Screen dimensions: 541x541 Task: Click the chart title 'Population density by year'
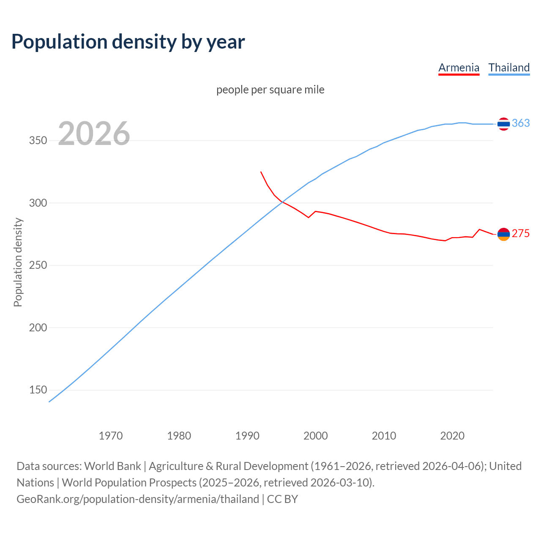[128, 41]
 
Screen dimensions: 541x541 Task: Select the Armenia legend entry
[459, 68]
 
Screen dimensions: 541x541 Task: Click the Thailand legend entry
[509, 68]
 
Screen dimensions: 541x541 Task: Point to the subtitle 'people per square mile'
[270, 90]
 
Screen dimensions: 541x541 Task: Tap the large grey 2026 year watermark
[94, 134]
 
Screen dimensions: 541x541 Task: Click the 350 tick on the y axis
[38, 141]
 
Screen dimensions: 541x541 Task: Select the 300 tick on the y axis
[38, 203]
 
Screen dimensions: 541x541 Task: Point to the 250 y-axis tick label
[38, 265]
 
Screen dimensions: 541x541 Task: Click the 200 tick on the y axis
[38, 328]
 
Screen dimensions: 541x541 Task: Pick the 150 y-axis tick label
[38, 390]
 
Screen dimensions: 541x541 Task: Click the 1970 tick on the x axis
[111, 436]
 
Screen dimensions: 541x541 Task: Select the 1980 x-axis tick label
[179, 436]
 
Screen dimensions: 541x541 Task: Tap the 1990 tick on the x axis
[247, 436]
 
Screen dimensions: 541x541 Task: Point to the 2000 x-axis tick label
[316, 436]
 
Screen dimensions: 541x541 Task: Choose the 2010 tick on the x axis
[384, 436]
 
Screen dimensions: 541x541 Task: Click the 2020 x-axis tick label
[452, 436]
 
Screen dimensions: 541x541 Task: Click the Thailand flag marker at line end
[503, 124]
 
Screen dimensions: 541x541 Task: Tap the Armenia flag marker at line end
[503, 234]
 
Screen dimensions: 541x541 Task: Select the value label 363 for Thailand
[521, 123]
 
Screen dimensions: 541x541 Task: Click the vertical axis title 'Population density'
[18, 262]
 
